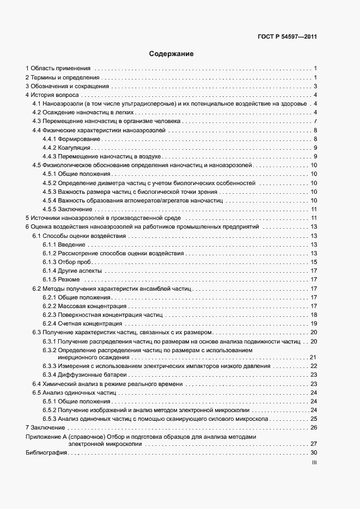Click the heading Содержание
point(171,54)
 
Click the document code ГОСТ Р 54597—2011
point(288,37)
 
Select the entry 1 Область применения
point(58,68)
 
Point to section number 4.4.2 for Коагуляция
point(50,148)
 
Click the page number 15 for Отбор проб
point(314,262)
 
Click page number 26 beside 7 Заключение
point(314,427)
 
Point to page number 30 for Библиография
point(314,453)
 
